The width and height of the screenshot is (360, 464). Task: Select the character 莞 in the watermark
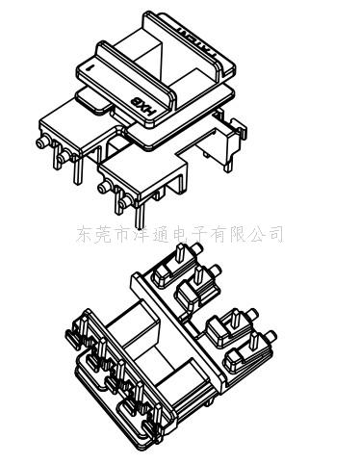[x=102, y=234]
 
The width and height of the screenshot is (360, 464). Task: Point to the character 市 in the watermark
[x=120, y=234]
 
